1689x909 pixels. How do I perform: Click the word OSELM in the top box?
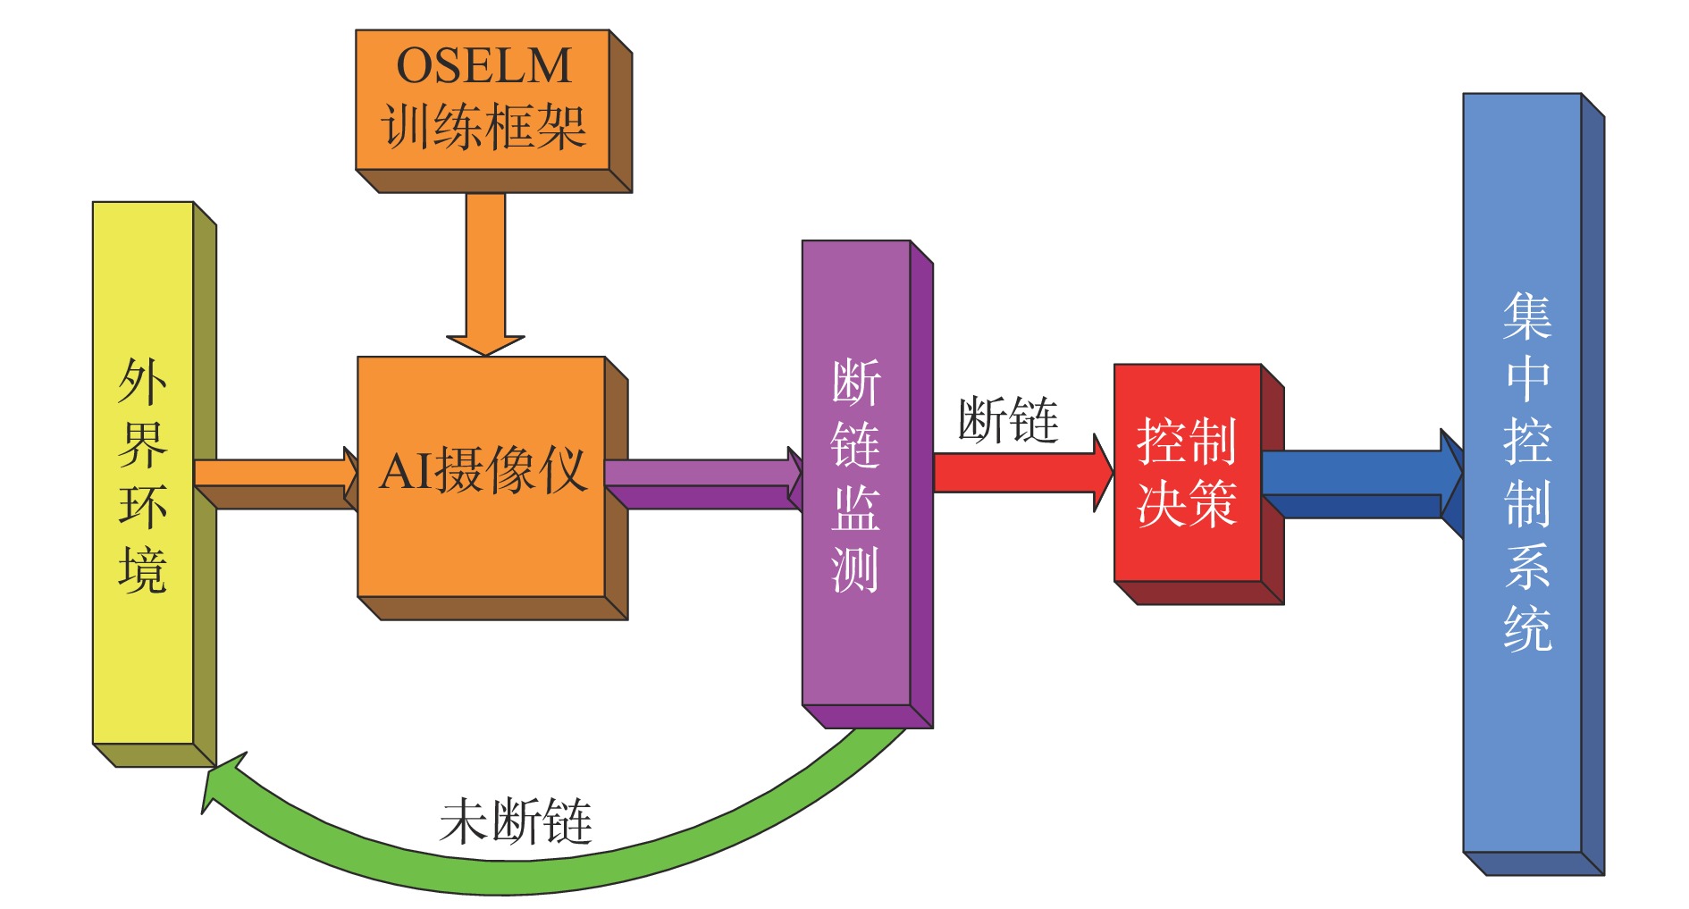coord(483,65)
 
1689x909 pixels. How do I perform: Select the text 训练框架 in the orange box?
coord(483,126)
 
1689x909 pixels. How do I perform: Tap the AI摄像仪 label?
coord(483,470)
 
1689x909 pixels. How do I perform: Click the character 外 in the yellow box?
coord(142,382)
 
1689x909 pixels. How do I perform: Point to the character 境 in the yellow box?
coord(142,570)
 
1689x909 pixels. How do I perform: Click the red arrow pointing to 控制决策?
coord(1019,472)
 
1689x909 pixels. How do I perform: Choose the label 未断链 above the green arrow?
coord(516,821)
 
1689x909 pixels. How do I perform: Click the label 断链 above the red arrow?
coord(1008,420)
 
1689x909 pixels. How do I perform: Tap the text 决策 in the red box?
coord(1186,502)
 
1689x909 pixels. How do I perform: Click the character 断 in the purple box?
coord(855,383)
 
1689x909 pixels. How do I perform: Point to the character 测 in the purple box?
coord(855,569)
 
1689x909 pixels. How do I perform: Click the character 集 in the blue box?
coord(1526,317)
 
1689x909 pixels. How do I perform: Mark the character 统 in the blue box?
coord(1526,628)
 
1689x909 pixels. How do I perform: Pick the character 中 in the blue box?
coord(1526,379)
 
